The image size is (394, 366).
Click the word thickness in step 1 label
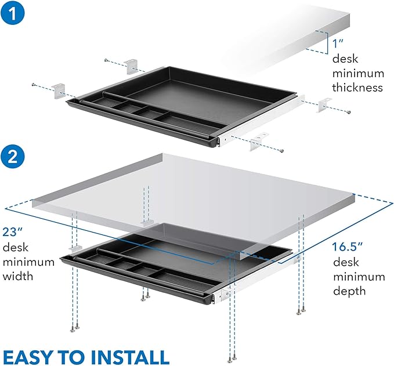tap(357, 88)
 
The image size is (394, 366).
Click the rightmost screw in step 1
tap(347, 113)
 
